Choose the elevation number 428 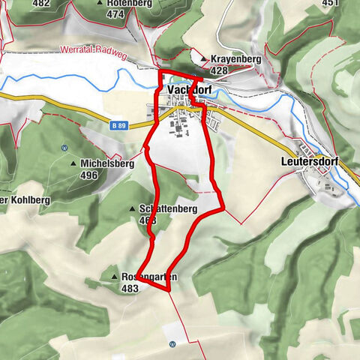click(x=219, y=70)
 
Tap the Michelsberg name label click(x=107, y=163)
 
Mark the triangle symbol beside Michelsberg click(x=73, y=163)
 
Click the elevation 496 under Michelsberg click(x=89, y=175)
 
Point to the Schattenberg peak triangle click(x=131, y=208)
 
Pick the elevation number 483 click(x=130, y=288)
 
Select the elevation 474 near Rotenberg click(x=115, y=14)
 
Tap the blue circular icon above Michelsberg click(x=64, y=146)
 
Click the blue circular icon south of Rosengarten click(x=172, y=344)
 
